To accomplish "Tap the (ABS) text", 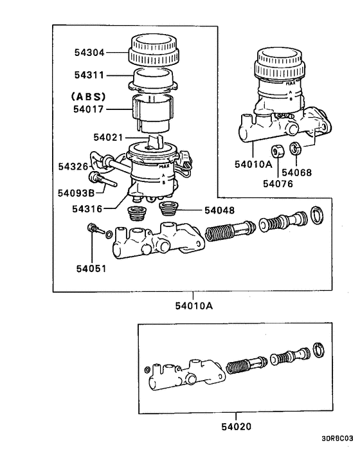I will click(x=87, y=97).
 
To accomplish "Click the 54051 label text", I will click(x=91, y=268).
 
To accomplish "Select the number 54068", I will click(x=296, y=172).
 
